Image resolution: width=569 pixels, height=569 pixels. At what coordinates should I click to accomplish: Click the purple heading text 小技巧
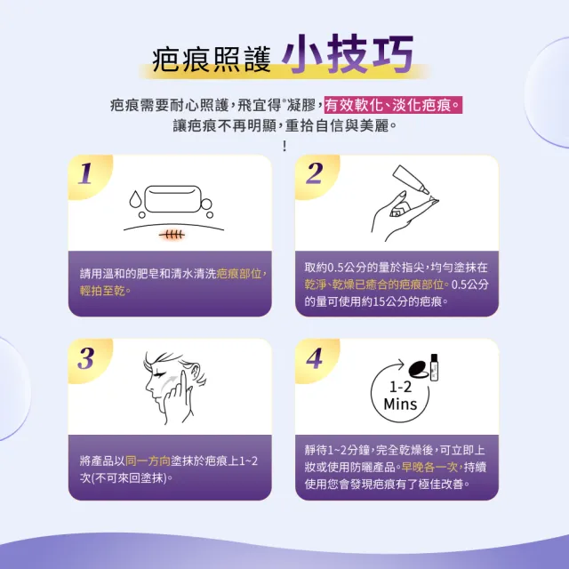coord(348,53)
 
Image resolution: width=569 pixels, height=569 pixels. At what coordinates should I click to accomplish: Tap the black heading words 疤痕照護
coord(212,60)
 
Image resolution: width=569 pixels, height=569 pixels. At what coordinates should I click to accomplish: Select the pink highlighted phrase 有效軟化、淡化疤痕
coord(393,105)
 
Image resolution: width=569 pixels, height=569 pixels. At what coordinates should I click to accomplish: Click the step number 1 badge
coord(85,173)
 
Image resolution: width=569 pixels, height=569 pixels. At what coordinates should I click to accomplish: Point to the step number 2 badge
coord(314,173)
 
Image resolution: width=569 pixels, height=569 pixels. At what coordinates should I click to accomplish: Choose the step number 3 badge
coord(86,358)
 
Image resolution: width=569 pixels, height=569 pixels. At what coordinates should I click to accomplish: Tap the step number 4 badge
coord(314,358)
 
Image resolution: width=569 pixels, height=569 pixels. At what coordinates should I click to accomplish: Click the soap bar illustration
coord(172,199)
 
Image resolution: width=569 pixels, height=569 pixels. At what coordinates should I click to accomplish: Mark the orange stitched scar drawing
coord(172,235)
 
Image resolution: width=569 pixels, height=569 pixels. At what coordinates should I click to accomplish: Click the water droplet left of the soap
coord(135,199)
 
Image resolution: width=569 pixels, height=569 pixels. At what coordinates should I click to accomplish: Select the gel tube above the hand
coord(411,180)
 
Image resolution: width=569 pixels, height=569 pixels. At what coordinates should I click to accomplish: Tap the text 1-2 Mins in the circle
coord(400,396)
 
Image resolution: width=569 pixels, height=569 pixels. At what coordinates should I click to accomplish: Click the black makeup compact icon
coord(419,368)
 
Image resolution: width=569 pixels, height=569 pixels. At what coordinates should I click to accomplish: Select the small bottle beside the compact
coord(434,367)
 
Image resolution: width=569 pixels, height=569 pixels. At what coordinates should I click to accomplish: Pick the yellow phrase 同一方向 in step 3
coord(148,461)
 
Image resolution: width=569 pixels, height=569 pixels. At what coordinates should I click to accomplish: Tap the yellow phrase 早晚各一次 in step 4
coord(429,467)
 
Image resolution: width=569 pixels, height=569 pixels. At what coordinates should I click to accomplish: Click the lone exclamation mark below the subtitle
coord(284,146)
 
